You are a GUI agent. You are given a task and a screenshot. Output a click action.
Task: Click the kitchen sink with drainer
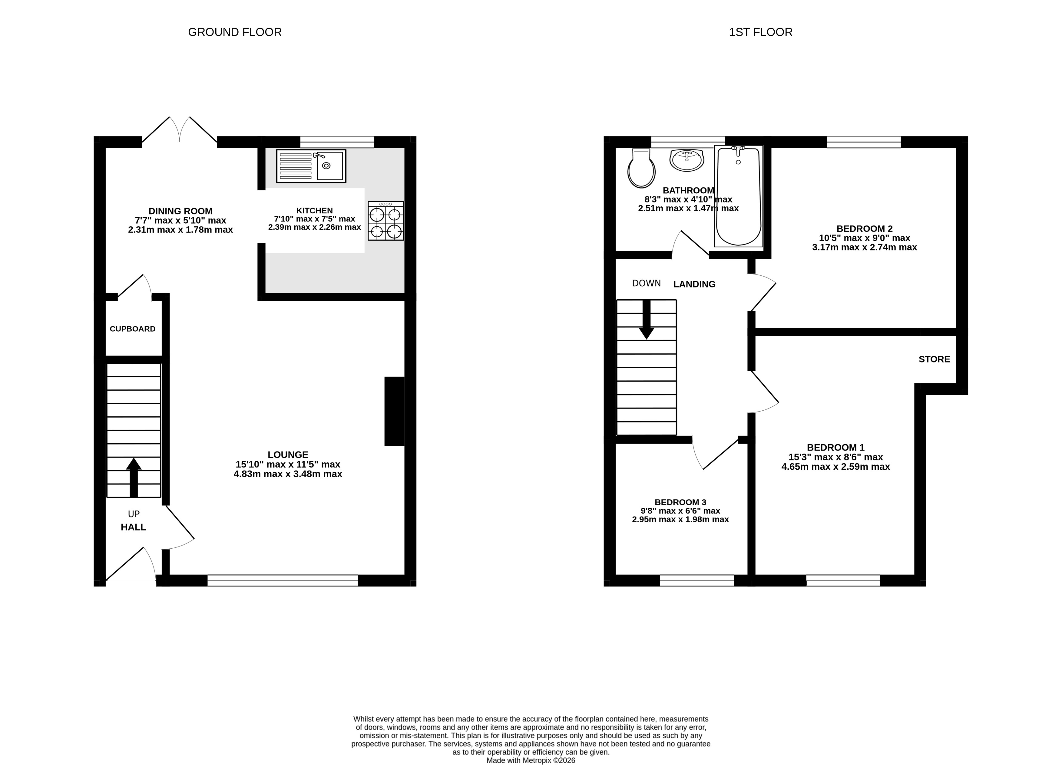coord(311,166)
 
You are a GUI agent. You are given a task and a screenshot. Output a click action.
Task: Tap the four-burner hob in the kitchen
coord(385,221)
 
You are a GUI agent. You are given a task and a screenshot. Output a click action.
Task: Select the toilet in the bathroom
coord(641,169)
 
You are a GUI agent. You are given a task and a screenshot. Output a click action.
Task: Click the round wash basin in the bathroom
coord(686,160)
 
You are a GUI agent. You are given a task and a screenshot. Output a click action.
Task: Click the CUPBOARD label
coord(133,329)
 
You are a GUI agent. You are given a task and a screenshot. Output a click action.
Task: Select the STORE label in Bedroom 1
coord(934,359)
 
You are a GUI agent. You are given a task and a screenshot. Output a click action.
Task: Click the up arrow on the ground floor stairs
coord(134,477)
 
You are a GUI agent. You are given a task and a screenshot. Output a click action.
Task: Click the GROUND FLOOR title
coord(235,32)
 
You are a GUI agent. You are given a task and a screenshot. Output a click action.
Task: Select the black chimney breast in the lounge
coord(394,411)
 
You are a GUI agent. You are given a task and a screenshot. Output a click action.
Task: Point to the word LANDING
coord(694,284)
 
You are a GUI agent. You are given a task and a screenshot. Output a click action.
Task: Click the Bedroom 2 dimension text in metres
coord(864,247)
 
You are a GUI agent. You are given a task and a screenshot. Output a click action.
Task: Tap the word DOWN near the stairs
coord(647,283)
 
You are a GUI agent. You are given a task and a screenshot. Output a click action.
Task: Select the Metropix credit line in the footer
coord(531,760)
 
